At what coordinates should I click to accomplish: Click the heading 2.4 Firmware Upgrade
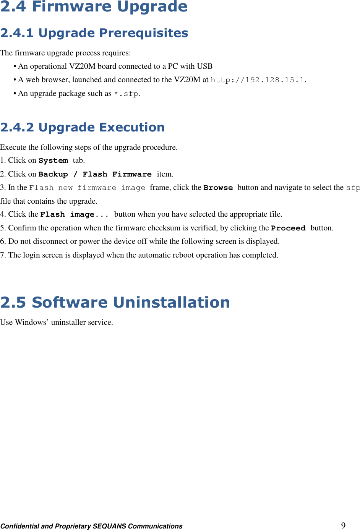(x=94, y=6)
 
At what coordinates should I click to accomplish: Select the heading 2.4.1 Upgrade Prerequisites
(x=94, y=33)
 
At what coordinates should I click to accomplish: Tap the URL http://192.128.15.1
(x=258, y=80)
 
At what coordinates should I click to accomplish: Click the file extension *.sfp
(x=126, y=94)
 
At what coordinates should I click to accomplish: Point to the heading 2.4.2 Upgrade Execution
(x=82, y=127)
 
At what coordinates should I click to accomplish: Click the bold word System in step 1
(x=53, y=160)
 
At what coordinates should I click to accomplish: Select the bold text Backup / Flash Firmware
(x=95, y=174)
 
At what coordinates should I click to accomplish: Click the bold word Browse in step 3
(x=218, y=188)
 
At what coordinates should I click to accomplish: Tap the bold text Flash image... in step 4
(x=74, y=214)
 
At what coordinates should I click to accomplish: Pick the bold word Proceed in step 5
(x=288, y=228)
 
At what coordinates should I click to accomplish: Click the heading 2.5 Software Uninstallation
(x=115, y=302)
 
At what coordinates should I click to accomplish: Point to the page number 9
(x=343, y=525)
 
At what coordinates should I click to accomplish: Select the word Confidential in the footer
(x=20, y=526)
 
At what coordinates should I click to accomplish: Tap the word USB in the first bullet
(x=204, y=66)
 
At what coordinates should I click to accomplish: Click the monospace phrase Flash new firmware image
(x=87, y=188)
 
